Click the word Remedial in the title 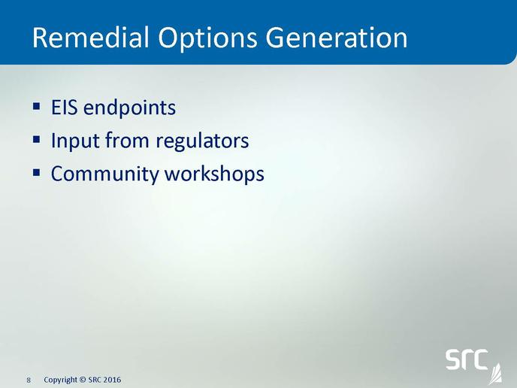[91, 38]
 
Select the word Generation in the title [337, 38]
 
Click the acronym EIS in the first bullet [65, 108]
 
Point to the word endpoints [129, 108]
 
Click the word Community [104, 174]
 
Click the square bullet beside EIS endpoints [37, 107]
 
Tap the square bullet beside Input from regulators [37, 140]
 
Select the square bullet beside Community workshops [37, 172]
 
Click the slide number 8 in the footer [29, 380]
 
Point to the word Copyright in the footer [61, 380]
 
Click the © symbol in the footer [83, 380]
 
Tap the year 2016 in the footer [113, 380]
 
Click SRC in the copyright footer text [95, 380]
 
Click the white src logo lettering [467, 359]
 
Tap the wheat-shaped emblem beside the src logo [495, 374]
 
